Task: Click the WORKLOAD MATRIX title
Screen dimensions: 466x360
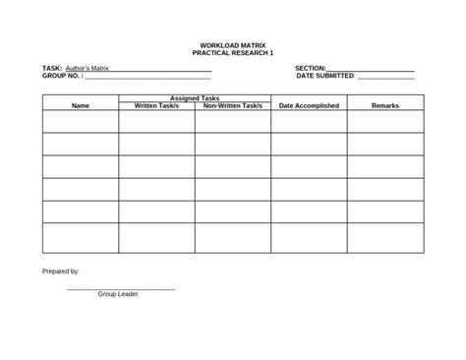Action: coord(232,45)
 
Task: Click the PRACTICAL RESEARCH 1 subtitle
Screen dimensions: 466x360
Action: coord(232,52)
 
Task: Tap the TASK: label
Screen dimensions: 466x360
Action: coord(52,68)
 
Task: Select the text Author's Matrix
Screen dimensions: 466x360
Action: coord(87,68)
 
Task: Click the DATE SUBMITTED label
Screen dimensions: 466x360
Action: coord(324,75)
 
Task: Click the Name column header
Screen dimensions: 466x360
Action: coord(81,105)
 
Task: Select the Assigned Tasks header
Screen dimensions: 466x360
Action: coord(195,98)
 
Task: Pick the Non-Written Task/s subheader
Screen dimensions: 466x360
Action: coord(233,105)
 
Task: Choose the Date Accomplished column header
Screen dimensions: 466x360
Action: coord(309,105)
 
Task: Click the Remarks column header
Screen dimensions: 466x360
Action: coord(384,105)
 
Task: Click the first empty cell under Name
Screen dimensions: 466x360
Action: coord(81,121)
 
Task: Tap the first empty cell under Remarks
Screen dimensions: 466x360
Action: coord(384,121)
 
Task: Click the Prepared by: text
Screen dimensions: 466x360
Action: coord(61,270)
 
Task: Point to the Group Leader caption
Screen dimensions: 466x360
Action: coord(118,294)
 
